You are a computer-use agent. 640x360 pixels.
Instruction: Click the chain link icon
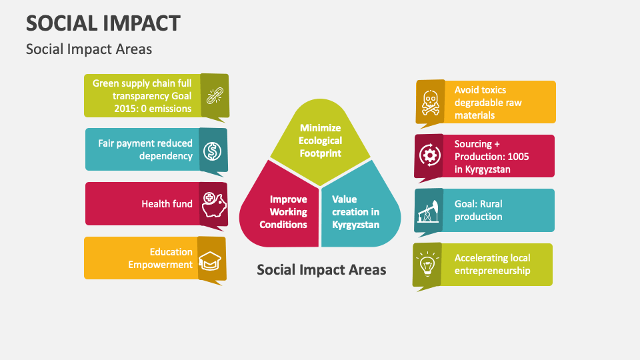[x=214, y=95]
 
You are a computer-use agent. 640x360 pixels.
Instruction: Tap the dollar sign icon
[x=213, y=150]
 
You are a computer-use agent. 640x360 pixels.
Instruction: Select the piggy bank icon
[x=213, y=203]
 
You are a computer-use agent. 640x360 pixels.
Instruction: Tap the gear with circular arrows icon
[x=429, y=155]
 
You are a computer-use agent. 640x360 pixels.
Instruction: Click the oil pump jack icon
[x=429, y=211]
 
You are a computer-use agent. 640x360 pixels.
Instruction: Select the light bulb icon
[x=427, y=265]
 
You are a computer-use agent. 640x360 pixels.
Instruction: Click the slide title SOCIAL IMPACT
[x=103, y=23]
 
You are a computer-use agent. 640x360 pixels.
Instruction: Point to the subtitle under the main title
[x=89, y=49]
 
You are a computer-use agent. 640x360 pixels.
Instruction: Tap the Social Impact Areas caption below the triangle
[x=321, y=269]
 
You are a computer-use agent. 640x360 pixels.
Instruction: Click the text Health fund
[x=167, y=204]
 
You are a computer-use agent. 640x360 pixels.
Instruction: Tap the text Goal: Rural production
[x=478, y=211]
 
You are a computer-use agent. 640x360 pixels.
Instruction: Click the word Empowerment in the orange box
[x=161, y=265]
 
